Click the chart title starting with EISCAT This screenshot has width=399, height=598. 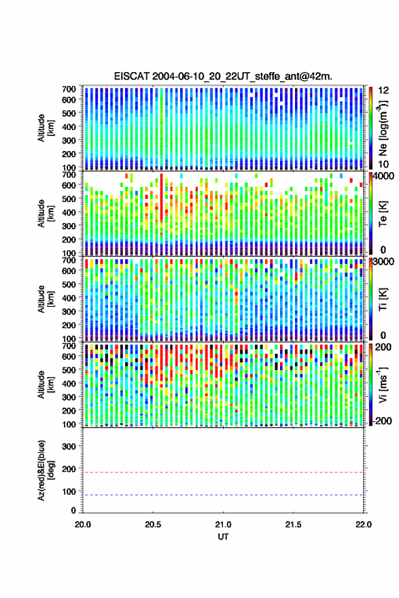coord(223,76)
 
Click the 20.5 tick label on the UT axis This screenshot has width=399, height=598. coord(153,525)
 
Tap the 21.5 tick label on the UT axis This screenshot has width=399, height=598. coord(293,525)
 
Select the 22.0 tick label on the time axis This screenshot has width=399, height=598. coord(363,525)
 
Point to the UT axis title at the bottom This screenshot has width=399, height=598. coord(223,537)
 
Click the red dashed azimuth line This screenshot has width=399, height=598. coord(223,472)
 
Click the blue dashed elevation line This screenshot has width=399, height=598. coord(223,495)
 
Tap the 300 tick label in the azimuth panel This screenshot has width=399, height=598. coord(69,446)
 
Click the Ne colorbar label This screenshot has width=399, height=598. coord(383,129)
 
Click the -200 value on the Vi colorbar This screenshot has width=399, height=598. coord(381,420)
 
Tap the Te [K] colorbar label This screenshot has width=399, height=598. coord(383,214)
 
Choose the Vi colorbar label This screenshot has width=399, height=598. coord(383,384)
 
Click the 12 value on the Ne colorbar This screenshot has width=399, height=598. coord(383,90)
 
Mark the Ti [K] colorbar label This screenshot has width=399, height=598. coord(383,299)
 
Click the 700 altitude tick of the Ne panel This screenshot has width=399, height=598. coord(69,89)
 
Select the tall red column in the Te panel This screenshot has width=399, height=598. coord(161,197)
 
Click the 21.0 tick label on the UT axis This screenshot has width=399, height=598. coord(223,525)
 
